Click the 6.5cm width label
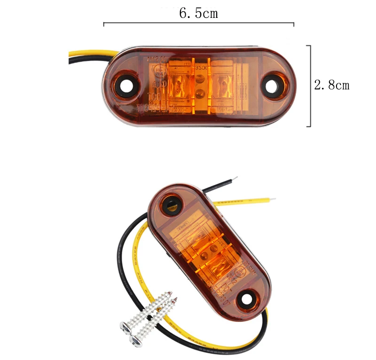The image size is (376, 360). (198, 13)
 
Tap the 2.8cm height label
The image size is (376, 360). (332, 85)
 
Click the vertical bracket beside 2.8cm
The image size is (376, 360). (310, 86)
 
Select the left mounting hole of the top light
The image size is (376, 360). (126, 87)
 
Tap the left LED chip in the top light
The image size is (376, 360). (178, 87)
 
